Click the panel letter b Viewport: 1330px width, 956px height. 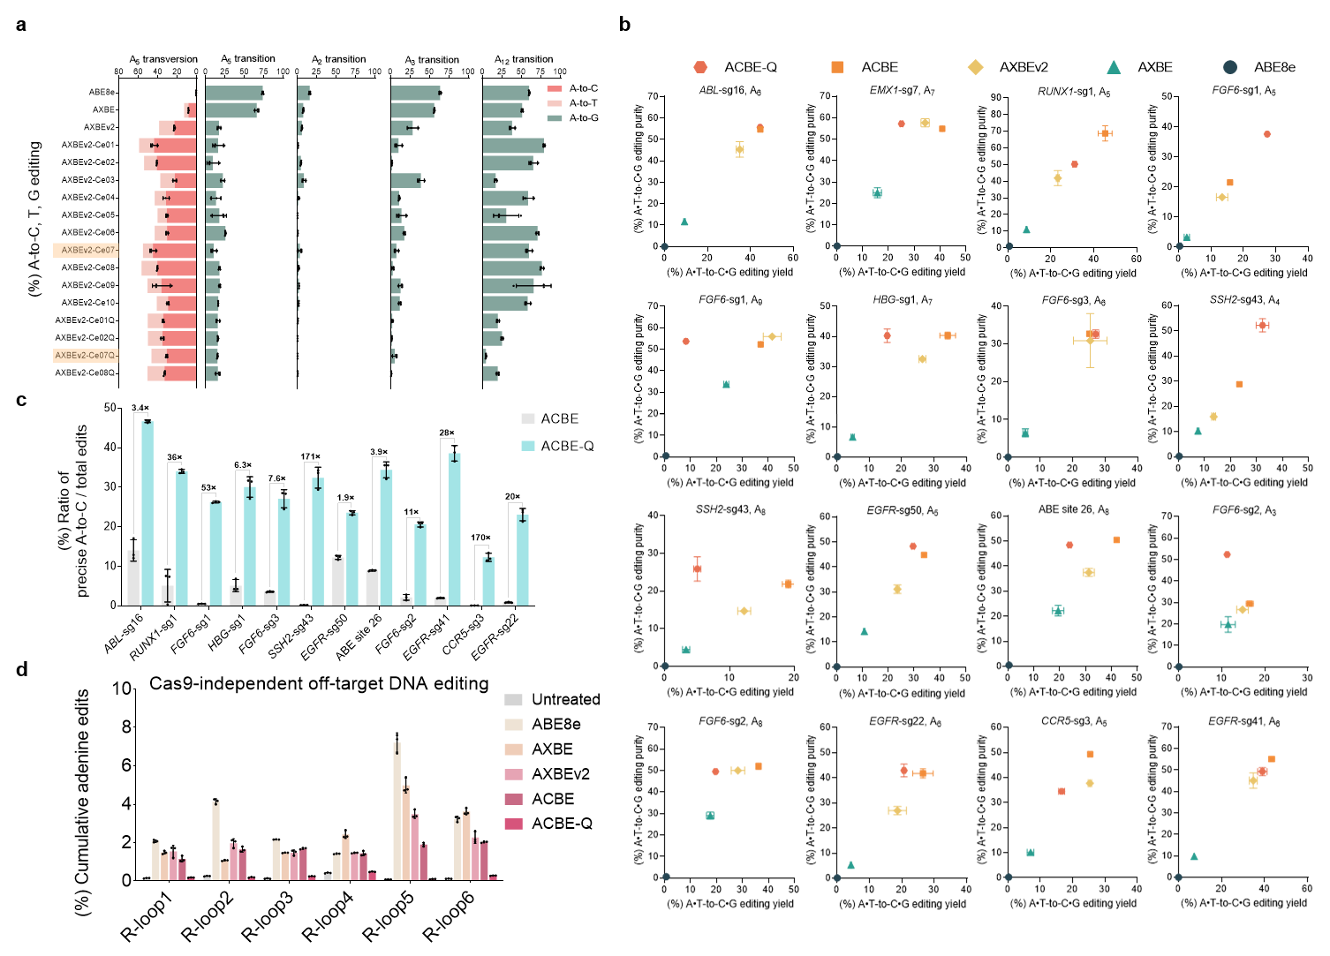[x=624, y=25]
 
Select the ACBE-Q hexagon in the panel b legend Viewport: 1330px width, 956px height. [x=700, y=67]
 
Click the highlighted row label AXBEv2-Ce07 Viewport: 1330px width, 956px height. [x=88, y=250]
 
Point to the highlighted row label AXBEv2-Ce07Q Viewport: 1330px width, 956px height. [x=86, y=355]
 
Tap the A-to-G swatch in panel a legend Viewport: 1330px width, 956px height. [x=555, y=117]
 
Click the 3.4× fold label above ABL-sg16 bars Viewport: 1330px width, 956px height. [x=140, y=408]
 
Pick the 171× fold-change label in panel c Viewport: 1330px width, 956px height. [x=310, y=457]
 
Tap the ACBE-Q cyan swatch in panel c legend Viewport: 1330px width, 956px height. [x=528, y=446]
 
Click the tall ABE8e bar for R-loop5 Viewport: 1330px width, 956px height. [x=397, y=810]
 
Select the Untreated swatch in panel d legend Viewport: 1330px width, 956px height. [x=513, y=700]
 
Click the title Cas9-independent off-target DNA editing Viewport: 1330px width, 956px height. [x=319, y=683]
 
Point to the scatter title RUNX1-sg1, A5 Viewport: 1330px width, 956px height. [x=1074, y=92]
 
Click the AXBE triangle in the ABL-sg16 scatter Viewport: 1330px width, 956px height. [x=684, y=222]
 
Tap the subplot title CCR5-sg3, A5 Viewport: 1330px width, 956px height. [x=1073, y=722]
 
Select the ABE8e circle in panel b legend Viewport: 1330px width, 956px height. [x=1230, y=67]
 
